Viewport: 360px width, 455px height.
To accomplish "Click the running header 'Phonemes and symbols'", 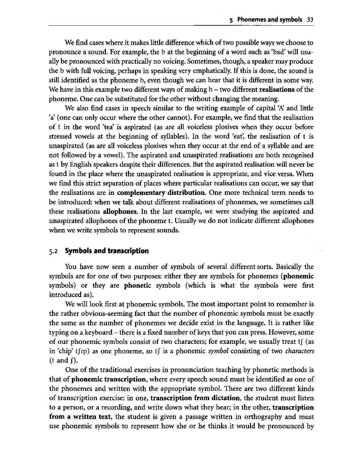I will click(x=270, y=20).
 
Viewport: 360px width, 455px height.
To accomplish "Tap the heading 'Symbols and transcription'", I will click(x=107, y=251).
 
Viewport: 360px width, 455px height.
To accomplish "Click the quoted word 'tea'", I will click(x=112, y=127).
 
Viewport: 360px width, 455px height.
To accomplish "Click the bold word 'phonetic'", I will click(x=137, y=285).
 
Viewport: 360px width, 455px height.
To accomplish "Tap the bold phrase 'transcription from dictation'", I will click(x=195, y=398).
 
